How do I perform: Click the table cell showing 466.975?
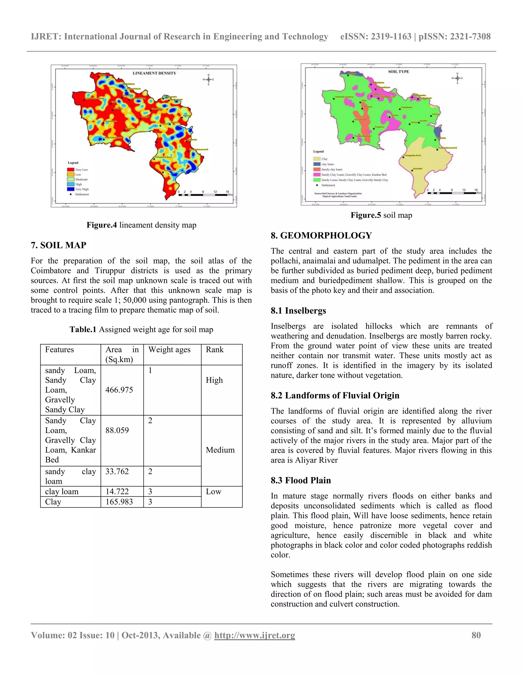click(119, 390)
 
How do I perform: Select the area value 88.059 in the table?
click(117, 430)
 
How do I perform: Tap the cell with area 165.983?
click(119, 502)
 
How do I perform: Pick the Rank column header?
click(215, 349)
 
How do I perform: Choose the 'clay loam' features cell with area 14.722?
click(62, 492)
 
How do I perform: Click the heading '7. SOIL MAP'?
click(58, 245)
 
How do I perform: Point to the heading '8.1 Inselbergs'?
click(298, 310)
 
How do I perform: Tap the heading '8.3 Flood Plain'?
click(301, 480)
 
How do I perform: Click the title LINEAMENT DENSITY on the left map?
click(154, 73)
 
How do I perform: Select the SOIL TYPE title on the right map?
click(398, 71)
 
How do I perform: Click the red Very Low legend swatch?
click(71, 170)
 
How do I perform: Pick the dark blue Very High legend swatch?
click(71, 189)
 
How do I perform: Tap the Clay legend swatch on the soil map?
click(317, 159)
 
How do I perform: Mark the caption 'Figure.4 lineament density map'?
click(141, 225)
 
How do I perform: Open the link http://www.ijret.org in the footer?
click(254, 635)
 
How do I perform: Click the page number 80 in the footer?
click(476, 635)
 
